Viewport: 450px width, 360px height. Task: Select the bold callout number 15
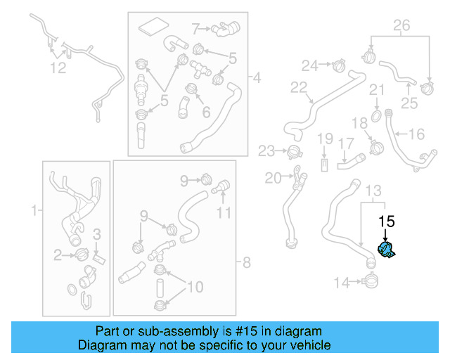[386, 221]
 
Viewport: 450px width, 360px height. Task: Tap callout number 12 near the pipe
[58, 67]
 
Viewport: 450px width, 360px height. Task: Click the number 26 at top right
[400, 27]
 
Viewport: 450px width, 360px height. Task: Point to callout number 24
[310, 65]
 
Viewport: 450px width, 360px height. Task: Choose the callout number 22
[300, 88]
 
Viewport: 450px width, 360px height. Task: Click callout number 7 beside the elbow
[196, 29]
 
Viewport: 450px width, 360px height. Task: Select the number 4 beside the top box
[256, 77]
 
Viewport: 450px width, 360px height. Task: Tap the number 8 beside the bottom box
[245, 264]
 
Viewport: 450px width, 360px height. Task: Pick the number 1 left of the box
[32, 210]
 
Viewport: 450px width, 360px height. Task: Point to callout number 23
[266, 150]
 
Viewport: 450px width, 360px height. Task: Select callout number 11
[223, 212]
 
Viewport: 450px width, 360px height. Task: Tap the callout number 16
[416, 134]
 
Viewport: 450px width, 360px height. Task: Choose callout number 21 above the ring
[378, 90]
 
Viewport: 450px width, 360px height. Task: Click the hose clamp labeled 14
[370, 283]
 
